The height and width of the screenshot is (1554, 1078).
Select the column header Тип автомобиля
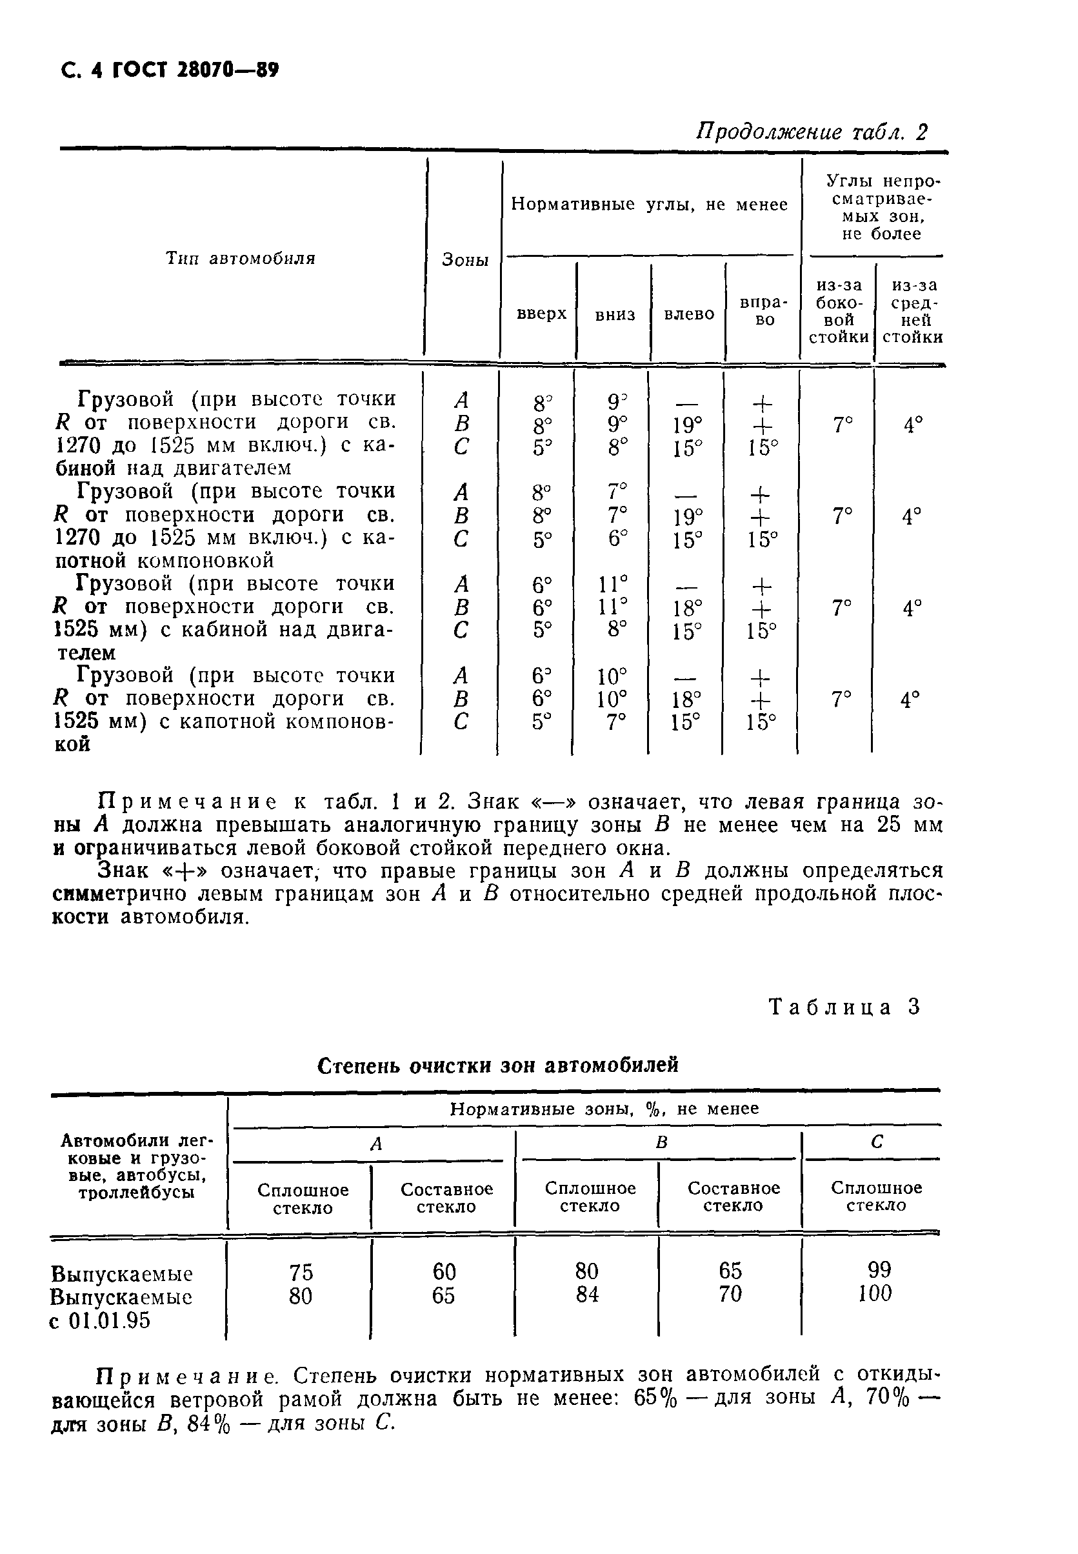[x=241, y=259]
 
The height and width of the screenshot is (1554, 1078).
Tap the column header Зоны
[x=464, y=260]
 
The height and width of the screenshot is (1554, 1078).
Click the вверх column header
[x=541, y=314]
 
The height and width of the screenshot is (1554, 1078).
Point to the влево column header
[x=688, y=314]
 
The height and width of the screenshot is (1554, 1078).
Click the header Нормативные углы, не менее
[x=649, y=205]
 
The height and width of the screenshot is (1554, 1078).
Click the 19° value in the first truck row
[x=687, y=426]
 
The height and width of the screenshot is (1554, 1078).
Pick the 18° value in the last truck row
[x=686, y=700]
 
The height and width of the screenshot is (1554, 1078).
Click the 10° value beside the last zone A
[x=612, y=676]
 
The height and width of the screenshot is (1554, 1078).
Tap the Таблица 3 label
[x=844, y=1007]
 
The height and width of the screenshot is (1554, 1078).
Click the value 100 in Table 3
[x=875, y=1294]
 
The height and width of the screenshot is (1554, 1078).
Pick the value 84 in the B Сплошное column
[x=586, y=1295]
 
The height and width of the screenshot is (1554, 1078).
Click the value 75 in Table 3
[x=301, y=1272]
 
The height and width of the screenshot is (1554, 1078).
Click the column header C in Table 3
[x=876, y=1142]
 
